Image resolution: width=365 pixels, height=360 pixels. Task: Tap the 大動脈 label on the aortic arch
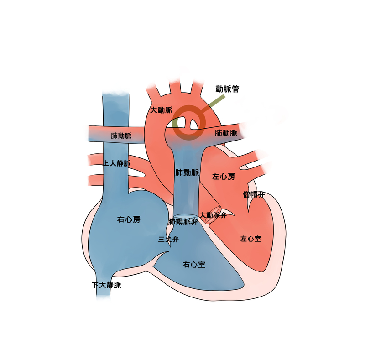tap(161, 110)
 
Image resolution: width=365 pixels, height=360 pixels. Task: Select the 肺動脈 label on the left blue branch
tap(121, 136)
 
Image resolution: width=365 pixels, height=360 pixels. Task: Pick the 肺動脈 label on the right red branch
tap(226, 133)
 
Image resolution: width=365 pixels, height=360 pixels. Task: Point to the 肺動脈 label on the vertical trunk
tap(187, 172)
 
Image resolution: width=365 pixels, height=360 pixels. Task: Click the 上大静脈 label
tap(117, 163)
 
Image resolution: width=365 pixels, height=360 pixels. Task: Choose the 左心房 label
tap(224, 176)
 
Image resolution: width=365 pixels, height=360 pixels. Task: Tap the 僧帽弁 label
tap(253, 194)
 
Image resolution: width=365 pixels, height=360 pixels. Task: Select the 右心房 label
tap(129, 219)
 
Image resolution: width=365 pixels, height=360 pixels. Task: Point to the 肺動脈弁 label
tap(183, 222)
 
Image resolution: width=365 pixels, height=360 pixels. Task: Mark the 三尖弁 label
tap(167, 239)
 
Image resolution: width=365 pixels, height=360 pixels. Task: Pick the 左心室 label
tap(250, 238)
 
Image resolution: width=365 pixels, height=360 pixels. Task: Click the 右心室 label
tap(193, 264)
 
